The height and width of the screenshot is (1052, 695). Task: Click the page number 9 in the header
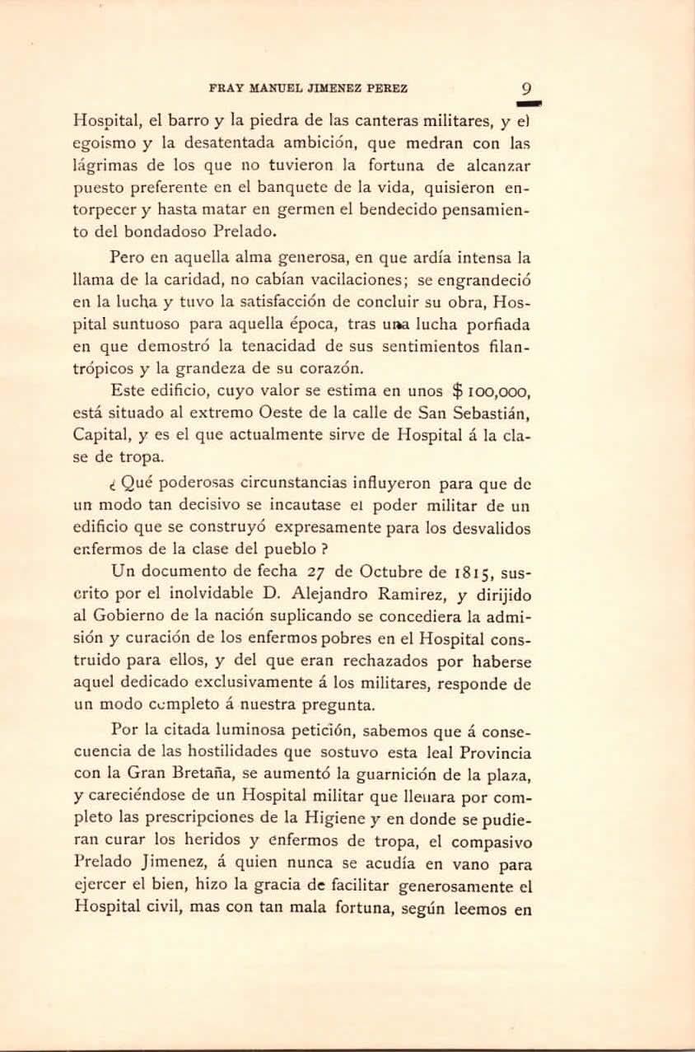coord(527,89)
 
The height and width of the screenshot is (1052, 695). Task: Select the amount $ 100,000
coord(491,391)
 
